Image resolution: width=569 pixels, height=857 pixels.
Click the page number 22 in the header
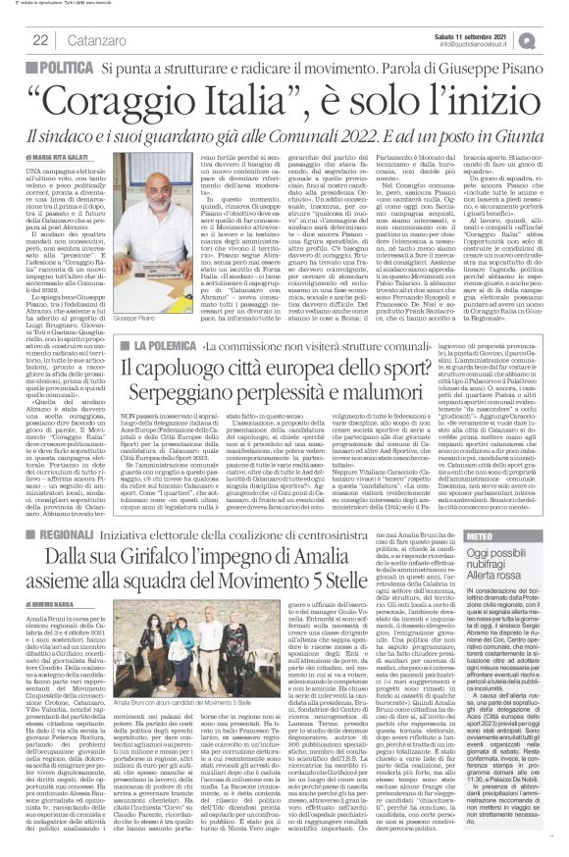coord(41,40)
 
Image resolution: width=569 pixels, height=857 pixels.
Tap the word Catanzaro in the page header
coord(94,40)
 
